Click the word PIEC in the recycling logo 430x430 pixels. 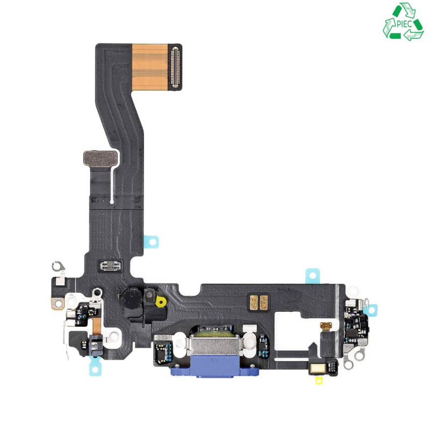click(x=404, y=24)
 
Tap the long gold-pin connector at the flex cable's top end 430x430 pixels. click(x=175, y=67)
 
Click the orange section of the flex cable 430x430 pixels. click(x=150, y=67)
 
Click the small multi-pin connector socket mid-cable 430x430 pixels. click(x=110, y=266)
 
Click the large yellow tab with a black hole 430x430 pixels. click(x=161, y=302)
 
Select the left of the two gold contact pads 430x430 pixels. click(x=254, y=303)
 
